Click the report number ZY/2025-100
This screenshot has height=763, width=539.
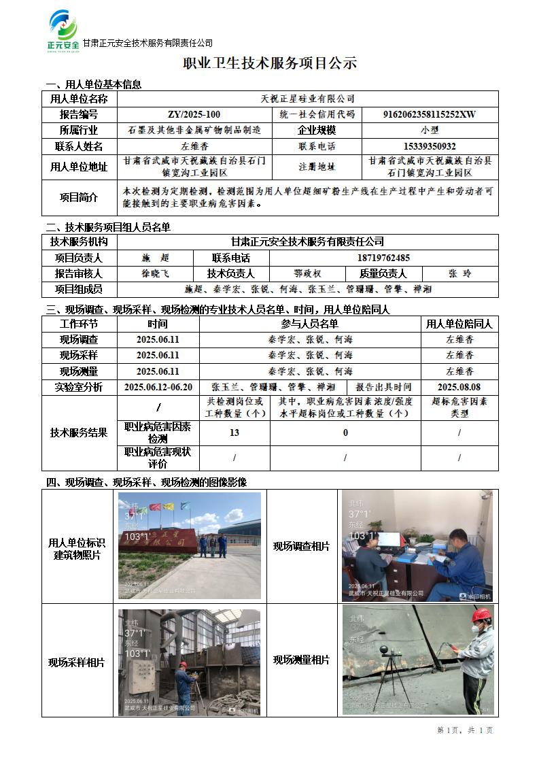point(194,114)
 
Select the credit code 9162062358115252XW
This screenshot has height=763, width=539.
point(430,114)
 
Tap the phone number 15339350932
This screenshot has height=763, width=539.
point(430,146)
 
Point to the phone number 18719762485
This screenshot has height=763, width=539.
point(383,258)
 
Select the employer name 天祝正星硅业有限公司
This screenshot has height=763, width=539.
point(308,99)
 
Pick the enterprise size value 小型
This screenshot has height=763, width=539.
point(430,130)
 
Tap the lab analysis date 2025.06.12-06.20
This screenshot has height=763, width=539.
point(158,387)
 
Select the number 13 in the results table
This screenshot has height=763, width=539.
point(234,433)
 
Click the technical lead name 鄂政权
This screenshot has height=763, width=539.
point(307,274)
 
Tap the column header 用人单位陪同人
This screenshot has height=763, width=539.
point(459,324)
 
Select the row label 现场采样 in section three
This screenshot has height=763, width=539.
point(79,355)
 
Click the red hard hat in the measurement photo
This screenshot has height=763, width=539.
point(481,615)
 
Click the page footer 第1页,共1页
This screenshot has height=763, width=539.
point(465,730)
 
